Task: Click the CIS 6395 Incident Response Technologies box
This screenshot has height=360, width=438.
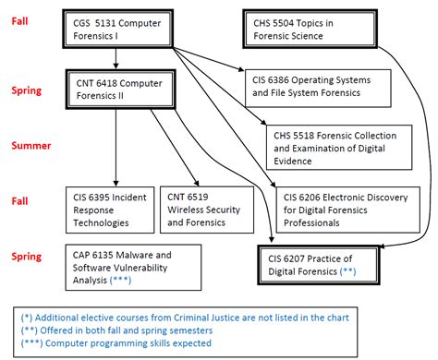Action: pos(107,209)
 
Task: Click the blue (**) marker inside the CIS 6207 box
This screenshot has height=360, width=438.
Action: pos(347,273)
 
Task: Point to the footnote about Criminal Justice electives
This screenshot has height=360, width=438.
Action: pos(185,318)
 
